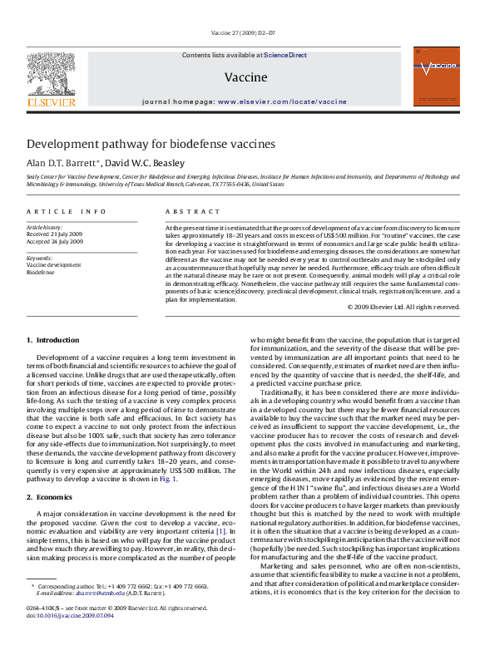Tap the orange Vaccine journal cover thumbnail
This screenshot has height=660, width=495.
[x=436, y=76]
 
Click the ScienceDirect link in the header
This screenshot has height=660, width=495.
[x=285, y=55]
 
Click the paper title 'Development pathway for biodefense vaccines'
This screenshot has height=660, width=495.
[x=151, y=143]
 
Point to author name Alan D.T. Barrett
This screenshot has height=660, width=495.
[x=62, y=163]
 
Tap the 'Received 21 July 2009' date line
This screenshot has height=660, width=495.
[x=54, y=234]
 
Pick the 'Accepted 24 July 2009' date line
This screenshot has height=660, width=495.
[x=54, y=242]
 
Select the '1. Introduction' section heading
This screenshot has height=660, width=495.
[x=53, y=340]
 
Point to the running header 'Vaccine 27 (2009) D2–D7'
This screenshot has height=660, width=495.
[x=248, y=34]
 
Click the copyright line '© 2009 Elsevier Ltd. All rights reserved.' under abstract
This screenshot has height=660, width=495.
[x=403, y=307]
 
